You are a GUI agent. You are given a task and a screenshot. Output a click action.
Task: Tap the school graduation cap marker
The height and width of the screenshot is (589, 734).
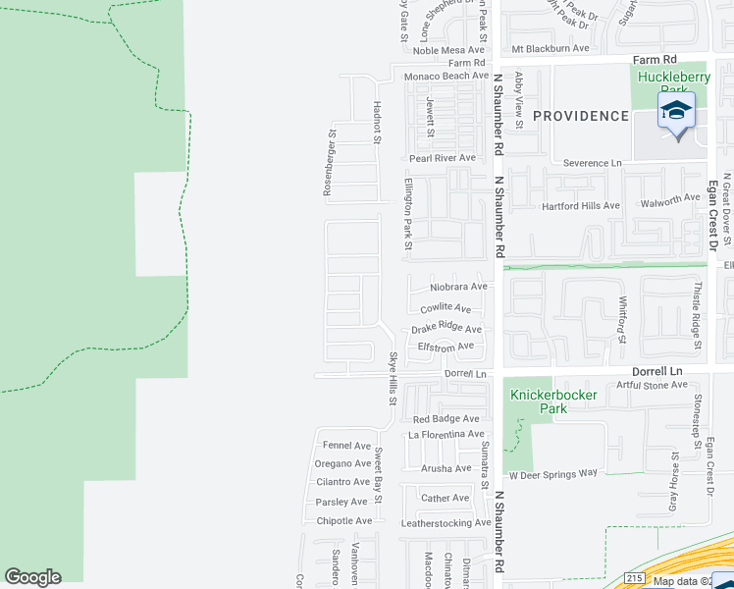click(676, 111)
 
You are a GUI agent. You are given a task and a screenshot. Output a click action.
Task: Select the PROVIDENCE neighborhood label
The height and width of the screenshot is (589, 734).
click(580, 116)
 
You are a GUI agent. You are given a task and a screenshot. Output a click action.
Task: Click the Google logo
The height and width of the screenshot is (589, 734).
click(32, 577)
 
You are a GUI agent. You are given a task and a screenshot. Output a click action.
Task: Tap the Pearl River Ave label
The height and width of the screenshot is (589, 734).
click(442, 157)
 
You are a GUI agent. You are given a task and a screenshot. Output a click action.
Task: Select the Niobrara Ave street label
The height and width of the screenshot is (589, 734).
click(458, 287)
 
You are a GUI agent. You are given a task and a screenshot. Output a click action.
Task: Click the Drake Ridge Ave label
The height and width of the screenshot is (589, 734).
click(446, 329)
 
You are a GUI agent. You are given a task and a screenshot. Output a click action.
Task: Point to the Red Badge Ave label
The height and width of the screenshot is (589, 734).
click(446, 418)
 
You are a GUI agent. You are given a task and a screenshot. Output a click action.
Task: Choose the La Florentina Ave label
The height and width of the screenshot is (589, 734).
click(446, 434)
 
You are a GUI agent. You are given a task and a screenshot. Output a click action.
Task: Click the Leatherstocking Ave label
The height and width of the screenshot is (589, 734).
click(446, 522)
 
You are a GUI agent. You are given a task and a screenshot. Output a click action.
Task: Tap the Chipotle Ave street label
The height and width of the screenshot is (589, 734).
click(344, 520)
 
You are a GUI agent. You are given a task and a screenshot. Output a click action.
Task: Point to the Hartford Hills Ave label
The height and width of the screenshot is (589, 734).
click(581, 206)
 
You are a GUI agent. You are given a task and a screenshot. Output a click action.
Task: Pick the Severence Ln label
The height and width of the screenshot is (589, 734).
click(593, 162)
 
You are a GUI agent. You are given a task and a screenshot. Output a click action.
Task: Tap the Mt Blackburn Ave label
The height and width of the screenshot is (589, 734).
click(550, 48)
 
